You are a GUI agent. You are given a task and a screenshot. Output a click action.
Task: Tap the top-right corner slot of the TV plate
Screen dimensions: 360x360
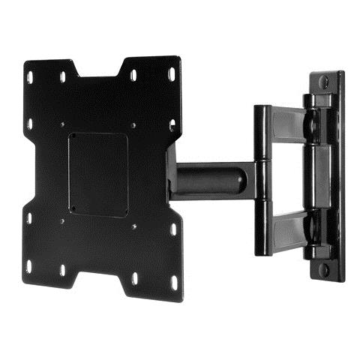pyautogui.click(x=171, y=74)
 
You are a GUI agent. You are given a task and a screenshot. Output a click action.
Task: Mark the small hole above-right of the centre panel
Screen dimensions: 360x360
pyautogui.click(x=133, y=125)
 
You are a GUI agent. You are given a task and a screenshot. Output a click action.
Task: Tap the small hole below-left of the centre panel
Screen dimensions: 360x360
pyautogui.click(x=62, y=220)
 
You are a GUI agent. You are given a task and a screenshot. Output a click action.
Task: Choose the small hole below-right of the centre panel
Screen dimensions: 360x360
pyautogui.click(x=133, y=226)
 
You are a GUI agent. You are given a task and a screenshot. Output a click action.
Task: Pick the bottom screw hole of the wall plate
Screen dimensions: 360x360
pyautogui.click(x=324, y=268)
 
